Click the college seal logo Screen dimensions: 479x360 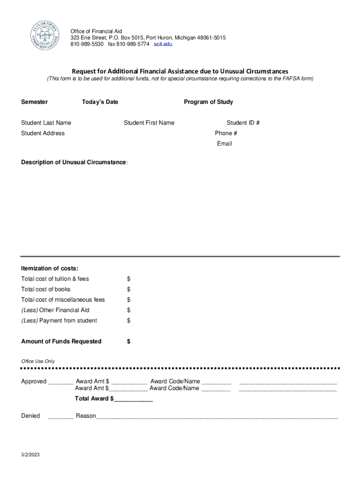point(45,36)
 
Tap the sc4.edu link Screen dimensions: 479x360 point(163,44)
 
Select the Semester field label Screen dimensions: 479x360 point(34,102)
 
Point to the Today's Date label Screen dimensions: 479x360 point(100,102)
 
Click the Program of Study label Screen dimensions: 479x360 point(208,102)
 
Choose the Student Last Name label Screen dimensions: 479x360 point(46,123)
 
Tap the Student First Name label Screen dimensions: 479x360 point(149,123)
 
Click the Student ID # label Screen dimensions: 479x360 point(243,123)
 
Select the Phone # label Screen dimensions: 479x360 point(226,133)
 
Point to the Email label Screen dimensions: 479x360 point(224,144)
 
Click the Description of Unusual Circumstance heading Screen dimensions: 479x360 point(74,162)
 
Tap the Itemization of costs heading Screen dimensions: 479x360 point(50,269)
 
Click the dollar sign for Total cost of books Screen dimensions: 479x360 point(129,290)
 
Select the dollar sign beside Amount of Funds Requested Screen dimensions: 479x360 point(129,341)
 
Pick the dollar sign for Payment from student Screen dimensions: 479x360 point(129,321)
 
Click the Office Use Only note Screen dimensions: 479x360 point(38,362)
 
